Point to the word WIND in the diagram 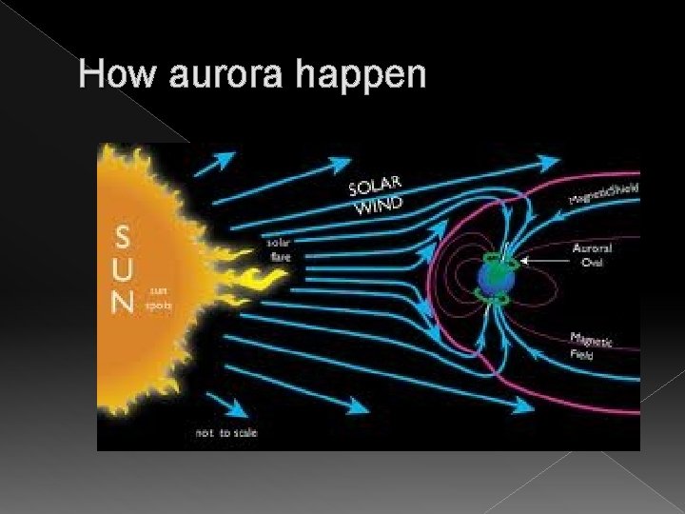click(x=381, y=205)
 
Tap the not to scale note click(x=225, y=432)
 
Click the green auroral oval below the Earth click(x=499, y=302)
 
